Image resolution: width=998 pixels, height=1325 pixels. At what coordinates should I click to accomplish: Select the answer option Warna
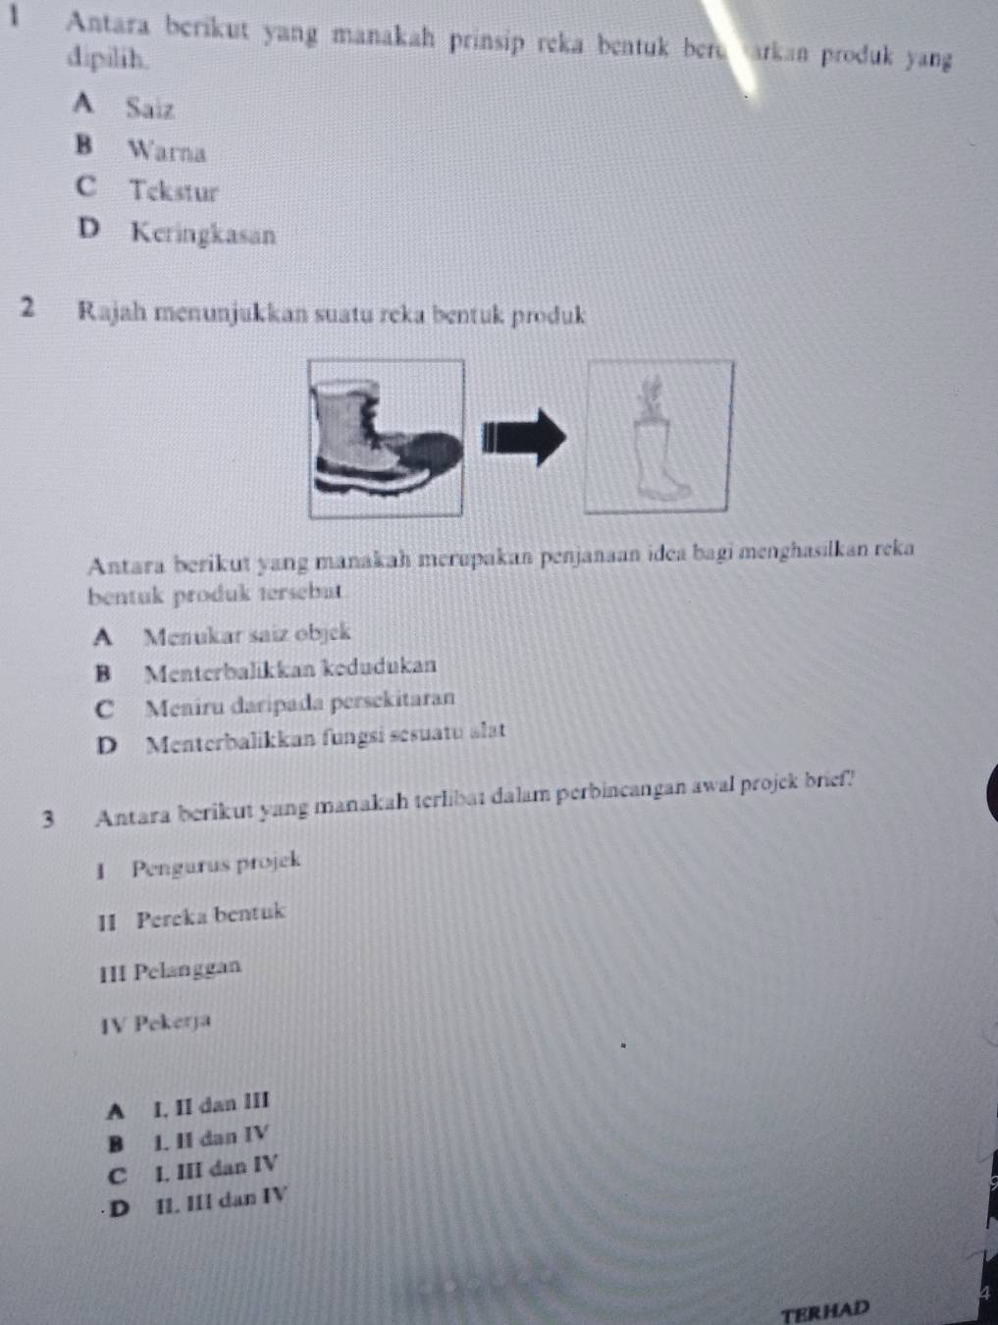tap(166, 152)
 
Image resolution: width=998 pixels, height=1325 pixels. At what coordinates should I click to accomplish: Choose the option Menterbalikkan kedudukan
tap(289, 666)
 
